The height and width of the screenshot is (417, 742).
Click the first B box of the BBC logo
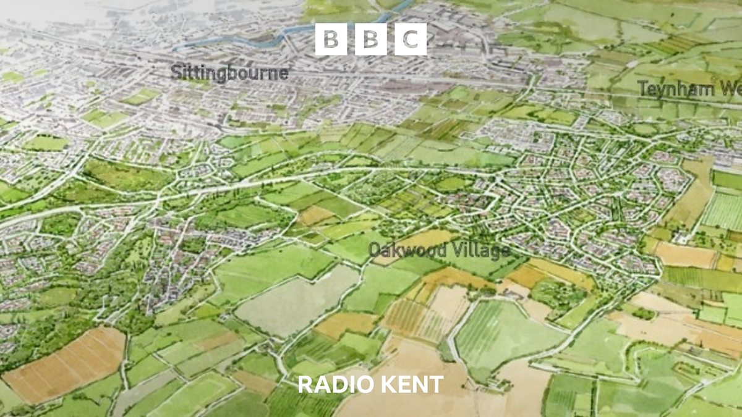click(331, 39)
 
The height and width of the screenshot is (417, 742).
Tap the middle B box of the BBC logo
click(370, 39)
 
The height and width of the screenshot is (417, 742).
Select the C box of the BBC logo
click(411, 39)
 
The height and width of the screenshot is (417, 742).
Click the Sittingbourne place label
click(229, 73)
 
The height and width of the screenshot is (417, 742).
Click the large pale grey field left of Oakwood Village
click(297, 303)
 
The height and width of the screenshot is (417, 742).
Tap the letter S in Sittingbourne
click(176, 73)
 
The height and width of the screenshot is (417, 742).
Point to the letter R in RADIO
click(304, 384)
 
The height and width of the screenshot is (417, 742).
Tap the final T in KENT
click(437, 384)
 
